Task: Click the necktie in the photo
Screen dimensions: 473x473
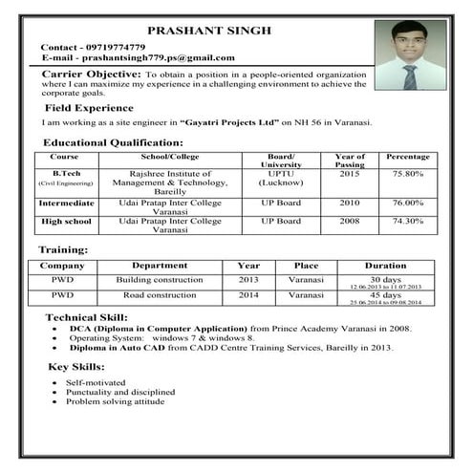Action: click(x=408, y=75)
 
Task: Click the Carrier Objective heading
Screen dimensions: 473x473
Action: click(x=92, y=73)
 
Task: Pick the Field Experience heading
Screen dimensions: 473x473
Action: click(x=89, y=108)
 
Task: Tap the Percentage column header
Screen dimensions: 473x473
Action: click(x=408, y=156)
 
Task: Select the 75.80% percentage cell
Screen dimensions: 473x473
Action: click(x=408, y=174)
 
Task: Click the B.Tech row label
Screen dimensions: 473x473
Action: click(x=65, y=174)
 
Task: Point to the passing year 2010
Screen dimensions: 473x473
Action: click(x=349, y=203)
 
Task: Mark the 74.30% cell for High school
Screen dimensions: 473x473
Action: click(x=408, y=220)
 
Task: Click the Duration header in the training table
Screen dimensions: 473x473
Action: click(x=385, y=266)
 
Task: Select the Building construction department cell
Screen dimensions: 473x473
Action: click(x=160, y=280)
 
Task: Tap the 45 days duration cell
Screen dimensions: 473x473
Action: click(x=385, y=295)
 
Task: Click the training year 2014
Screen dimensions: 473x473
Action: click(x=248, y=295)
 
